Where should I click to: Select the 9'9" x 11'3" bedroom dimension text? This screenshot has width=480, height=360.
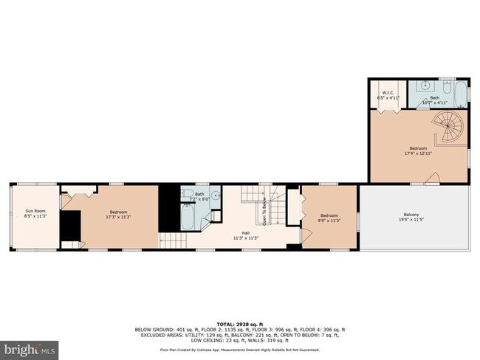tap(329, 220)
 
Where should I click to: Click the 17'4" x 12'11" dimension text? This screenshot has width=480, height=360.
tap(417, 154)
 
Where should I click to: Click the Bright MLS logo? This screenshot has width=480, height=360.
tap(30, 346)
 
